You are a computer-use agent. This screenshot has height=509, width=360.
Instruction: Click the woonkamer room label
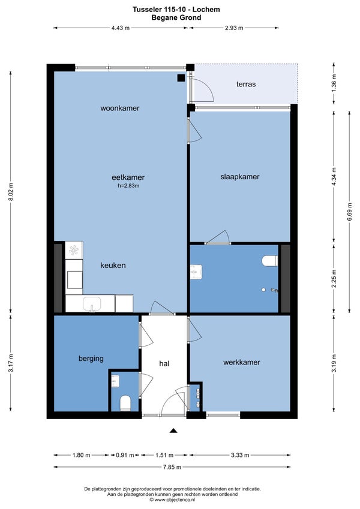pos(119,108)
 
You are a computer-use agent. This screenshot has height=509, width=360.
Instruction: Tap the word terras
pos(246,84)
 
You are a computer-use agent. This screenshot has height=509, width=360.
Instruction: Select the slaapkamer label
pos(240,177)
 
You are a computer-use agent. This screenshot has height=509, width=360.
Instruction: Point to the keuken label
pos(113,265)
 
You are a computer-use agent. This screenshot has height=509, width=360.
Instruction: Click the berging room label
pos(91,359)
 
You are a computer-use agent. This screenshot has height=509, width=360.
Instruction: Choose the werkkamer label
pos(241,362)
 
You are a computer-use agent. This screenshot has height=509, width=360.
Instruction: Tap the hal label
pos(164,363)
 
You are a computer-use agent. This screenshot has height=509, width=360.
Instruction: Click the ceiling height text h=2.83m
pos(128,186)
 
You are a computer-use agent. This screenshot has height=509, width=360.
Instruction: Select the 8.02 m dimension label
pos(11,191)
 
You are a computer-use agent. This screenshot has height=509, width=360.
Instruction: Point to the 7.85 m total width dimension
pos(172,467)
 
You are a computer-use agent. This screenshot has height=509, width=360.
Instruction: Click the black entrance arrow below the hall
pos(173,431)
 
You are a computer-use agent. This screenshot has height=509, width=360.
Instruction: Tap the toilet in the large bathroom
pos(269,261)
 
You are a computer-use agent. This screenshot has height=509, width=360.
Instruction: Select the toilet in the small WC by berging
pos(125,403)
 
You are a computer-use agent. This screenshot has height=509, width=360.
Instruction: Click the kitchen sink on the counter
pos(92,304)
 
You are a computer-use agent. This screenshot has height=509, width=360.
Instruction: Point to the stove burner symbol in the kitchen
pos(74,250)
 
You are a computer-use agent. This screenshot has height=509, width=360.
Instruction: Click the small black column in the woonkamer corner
pos(181,78)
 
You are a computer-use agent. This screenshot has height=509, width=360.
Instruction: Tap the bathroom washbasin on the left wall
pos(196,272)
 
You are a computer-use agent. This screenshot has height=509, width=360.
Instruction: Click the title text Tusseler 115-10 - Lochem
pos(176,10)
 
